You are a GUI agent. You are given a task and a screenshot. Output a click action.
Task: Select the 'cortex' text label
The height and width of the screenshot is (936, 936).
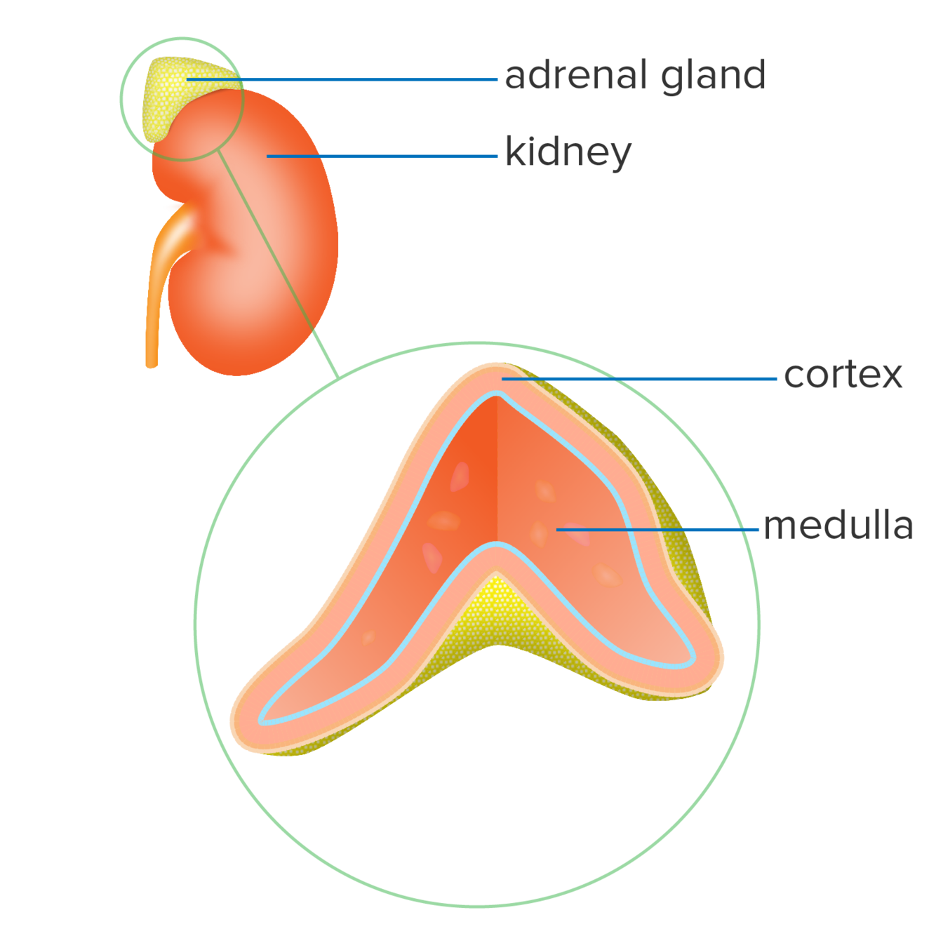click(x=843, y=376)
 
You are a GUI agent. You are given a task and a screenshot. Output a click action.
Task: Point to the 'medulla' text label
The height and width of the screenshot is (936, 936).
click(x=838, y=526)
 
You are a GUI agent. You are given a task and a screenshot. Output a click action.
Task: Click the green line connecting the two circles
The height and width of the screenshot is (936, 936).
click(x=281, y=267)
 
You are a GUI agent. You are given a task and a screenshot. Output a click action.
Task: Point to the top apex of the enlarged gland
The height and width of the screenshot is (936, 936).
click(x=497, y=370)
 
